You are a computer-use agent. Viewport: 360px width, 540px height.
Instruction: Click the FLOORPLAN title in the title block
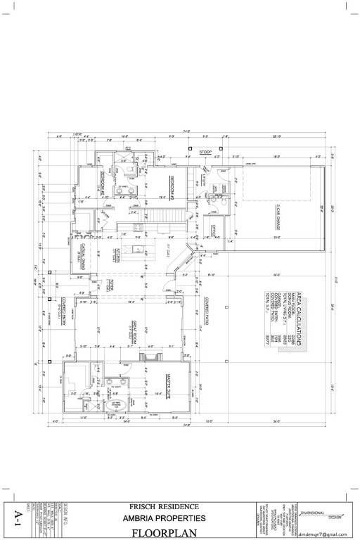(168, 532)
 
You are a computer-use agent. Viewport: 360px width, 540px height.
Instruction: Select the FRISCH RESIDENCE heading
(168, 506)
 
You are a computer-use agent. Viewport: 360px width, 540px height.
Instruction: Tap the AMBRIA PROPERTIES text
(168, 518)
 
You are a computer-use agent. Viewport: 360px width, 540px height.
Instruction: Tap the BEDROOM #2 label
(103, 184)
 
